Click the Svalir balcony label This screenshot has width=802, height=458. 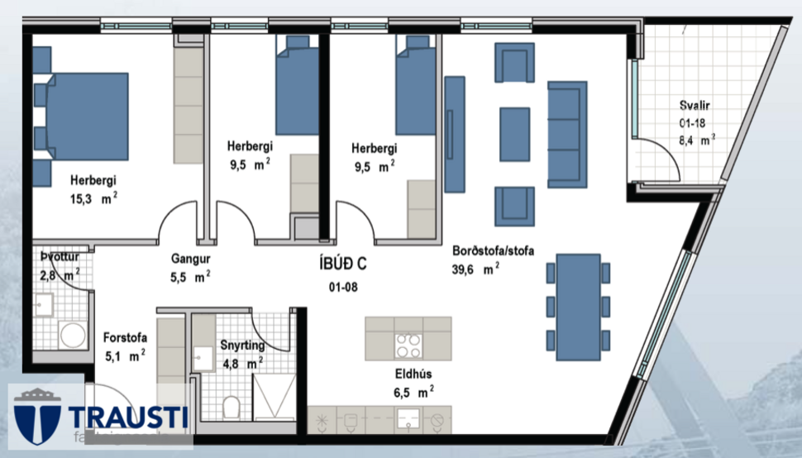695,105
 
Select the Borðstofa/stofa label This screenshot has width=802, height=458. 493,250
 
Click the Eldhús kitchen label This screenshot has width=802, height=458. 413,373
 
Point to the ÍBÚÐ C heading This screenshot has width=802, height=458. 342,265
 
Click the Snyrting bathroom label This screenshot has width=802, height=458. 242,345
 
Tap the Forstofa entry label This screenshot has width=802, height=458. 124,337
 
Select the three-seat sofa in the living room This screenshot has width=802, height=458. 567,134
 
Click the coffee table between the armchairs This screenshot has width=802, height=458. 514,134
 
